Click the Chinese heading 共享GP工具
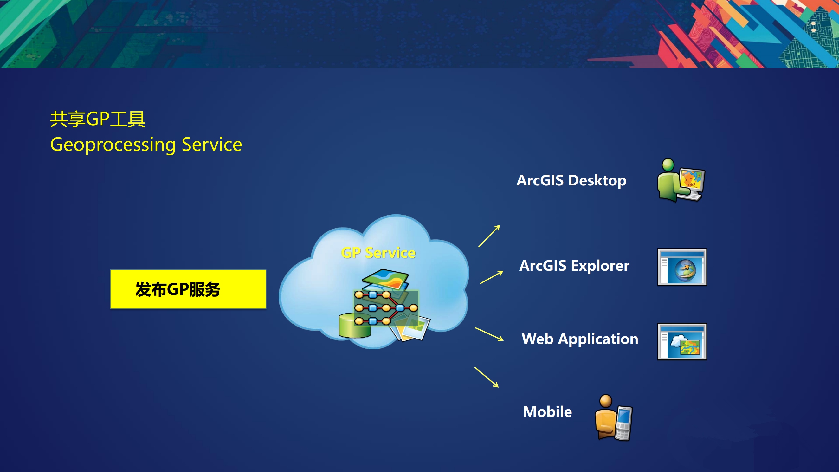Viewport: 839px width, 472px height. point(98,119)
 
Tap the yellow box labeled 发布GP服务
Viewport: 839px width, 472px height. point(188,289)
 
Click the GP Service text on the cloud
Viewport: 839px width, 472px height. point(378,253)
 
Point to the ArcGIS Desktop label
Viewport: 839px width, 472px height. point(571,181)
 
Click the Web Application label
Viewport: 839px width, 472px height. point(580,339)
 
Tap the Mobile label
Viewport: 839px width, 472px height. point(547,412)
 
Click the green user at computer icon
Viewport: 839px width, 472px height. point(681,180)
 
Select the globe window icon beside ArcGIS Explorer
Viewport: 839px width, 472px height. point(682,267)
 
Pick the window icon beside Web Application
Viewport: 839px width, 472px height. point(682,341)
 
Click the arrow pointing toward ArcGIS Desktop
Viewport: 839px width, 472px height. point(489,236)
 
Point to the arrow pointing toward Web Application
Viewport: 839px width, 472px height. point(489,334)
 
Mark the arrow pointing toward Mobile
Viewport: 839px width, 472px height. point(487,377)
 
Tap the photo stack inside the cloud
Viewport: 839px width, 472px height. point(410,328)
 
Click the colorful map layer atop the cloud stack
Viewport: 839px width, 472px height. point(385,279)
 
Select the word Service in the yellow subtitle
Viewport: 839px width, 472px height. point(212,145)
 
